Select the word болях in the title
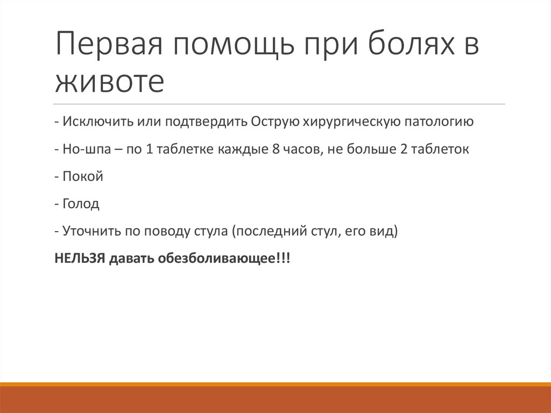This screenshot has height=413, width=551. point(409,47)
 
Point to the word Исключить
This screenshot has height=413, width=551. point(94,122)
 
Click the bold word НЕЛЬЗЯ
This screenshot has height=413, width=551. point(80,259)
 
